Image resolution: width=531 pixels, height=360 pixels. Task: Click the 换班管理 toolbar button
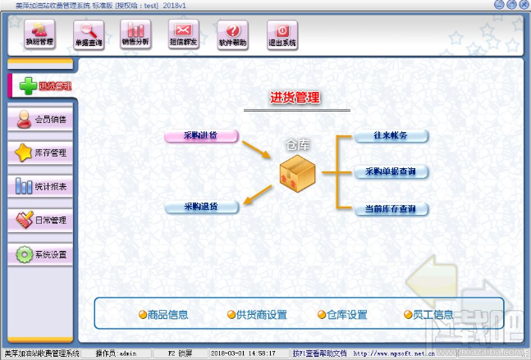tap(33, 34)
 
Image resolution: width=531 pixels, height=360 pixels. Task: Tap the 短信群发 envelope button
tap(184, 34)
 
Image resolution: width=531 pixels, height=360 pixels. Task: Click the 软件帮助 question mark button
tap(232, 34)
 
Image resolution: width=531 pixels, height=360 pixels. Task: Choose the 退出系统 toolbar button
tap(282, 34)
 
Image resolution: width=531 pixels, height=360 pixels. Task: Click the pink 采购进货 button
tap(201, 136)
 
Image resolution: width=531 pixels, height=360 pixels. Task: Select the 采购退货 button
tap(201, 207)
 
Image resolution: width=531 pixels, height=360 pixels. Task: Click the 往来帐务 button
tap(391, 136)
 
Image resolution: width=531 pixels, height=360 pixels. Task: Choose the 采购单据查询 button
tap(391, 172)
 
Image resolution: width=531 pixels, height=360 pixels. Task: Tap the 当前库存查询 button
tap(391, 209)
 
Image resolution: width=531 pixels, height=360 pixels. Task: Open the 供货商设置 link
tap(257, 315)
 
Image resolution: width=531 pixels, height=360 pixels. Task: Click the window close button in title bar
tap(521, 5)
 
